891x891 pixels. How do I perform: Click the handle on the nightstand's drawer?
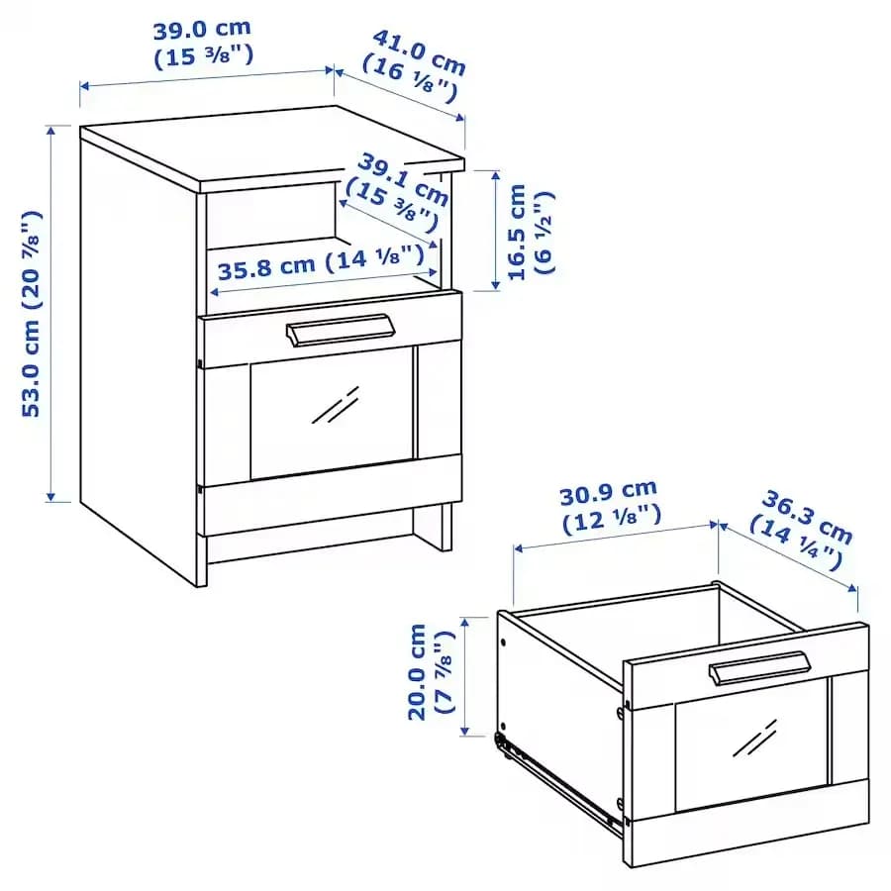340,330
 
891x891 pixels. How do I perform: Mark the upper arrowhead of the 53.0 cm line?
51,131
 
